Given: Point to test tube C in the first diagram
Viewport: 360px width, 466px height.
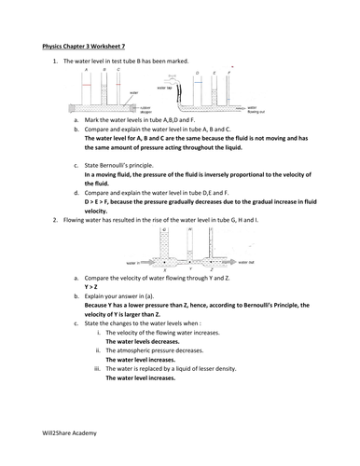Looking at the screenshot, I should pos(118,86).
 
